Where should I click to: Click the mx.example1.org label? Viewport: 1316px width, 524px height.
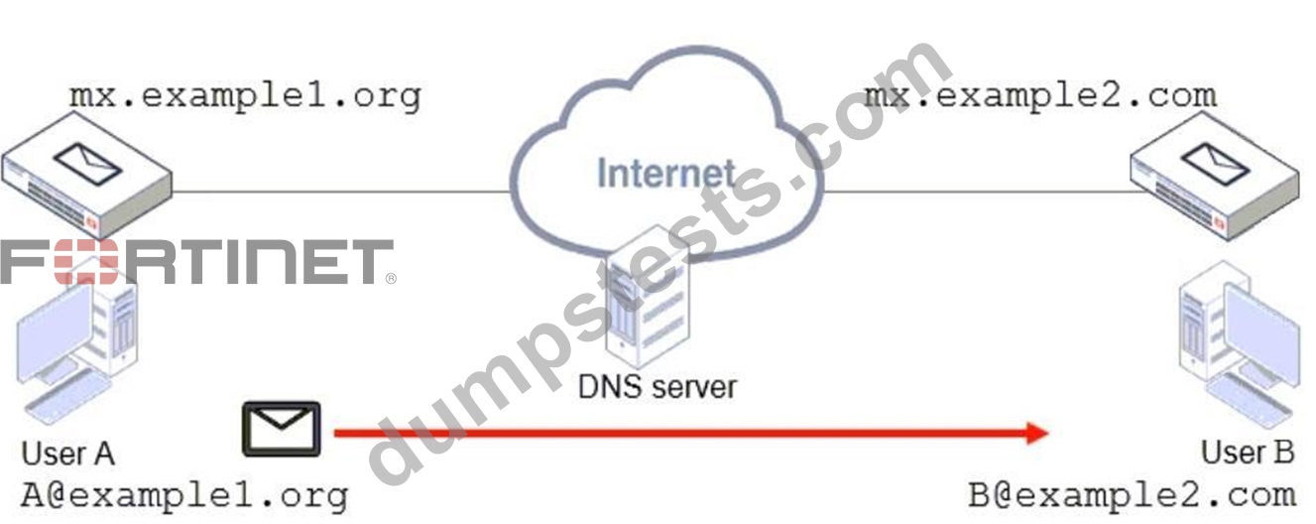(x=246, y=96)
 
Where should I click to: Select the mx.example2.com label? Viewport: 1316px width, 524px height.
(x=1041, y=96)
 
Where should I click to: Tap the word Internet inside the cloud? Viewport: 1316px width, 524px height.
(x=665, y=174)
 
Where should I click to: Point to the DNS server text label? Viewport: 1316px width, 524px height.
(x=657, y=387)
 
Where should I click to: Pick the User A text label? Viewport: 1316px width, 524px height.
(x=68, y=454)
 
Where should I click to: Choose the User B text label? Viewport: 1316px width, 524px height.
(x=1248, y=453)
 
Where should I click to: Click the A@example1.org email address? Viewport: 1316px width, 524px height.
(x=184, y=495)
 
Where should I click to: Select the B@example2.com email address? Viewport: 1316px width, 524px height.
(x=1132, y=495)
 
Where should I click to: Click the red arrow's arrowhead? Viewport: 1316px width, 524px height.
(x=1036, y=434)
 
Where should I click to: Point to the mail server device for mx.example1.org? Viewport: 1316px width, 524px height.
(x=87, y=176)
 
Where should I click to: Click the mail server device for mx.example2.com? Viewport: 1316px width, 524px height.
(x=1215, y=176)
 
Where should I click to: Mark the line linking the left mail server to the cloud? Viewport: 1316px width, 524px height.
(x=341, y=192)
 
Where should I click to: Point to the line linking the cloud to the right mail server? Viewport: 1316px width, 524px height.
(x=984, y=192)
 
